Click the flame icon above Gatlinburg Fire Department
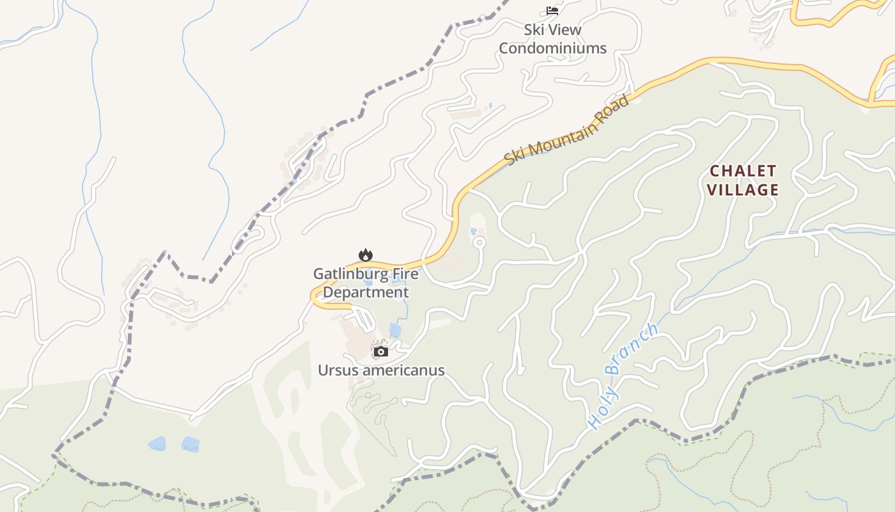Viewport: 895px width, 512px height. tap(365, 255)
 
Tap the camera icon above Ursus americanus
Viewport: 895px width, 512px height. tap(380, 351)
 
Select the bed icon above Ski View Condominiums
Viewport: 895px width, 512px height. tap(552, 11)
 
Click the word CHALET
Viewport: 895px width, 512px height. tap(743, 171)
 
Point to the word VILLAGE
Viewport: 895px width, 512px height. tap(743, 189)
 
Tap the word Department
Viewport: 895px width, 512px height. tap(365, 292)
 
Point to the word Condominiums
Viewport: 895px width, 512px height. tap(552, 48)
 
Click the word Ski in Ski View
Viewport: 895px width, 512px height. tap(534, 29)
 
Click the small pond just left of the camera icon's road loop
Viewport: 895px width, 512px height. tap(394, 330)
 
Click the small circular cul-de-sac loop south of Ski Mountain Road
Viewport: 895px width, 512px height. tap(479, 242)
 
